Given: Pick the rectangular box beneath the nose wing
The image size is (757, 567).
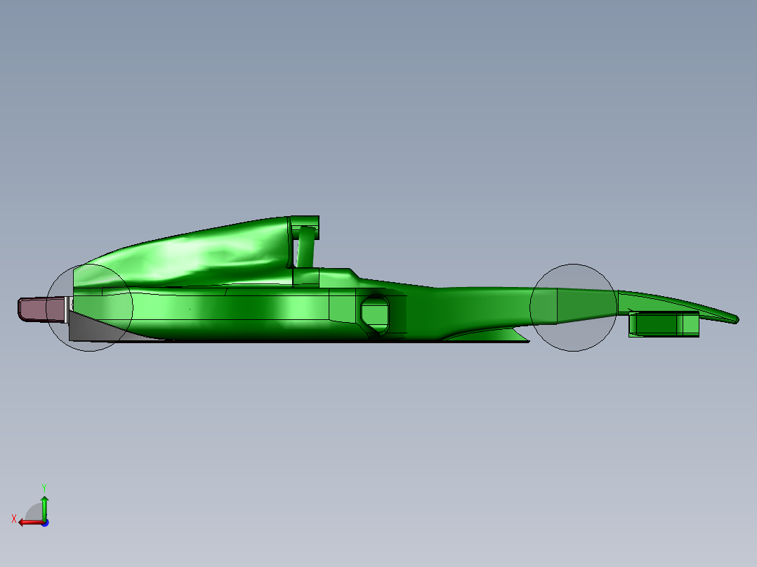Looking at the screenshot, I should (x=664, y=324).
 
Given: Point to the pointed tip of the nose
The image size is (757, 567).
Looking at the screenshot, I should (x=735, y=319).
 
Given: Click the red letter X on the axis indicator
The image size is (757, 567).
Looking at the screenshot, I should (x=14, y=519).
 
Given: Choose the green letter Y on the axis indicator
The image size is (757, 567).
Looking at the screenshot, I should (x=44, y=486).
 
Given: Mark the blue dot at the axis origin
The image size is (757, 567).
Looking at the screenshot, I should (x=44, y=522).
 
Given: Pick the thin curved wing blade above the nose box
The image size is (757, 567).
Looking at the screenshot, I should (x=674, y=303).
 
